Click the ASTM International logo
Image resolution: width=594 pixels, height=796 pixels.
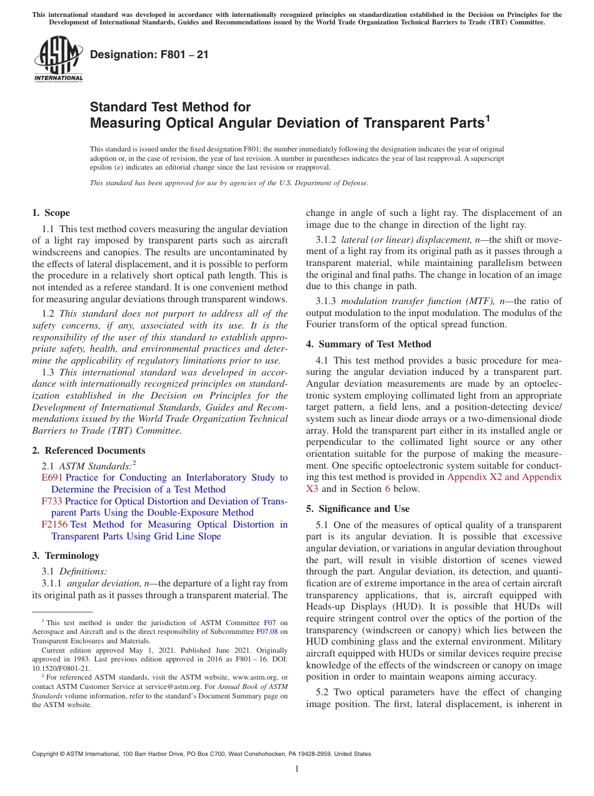pyautogui.click(x=58, y=59)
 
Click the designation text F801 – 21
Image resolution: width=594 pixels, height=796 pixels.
pyautogui.click(x=149, y=55)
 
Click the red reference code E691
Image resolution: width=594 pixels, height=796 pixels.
pyautogui.click(x=51, y=477)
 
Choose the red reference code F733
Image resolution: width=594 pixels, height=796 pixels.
pyautogui.click(x=52, y=501)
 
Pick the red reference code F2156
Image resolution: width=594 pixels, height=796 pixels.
pyautogui.click(x=54, y=524)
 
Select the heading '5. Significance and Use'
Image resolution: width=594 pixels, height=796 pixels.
pyautogui.click(x=358, y=509)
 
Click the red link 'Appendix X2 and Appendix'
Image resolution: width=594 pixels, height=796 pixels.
pyautogui.click(x=505, y=477)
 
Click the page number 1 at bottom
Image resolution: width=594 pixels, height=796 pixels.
pyautogui.click(x=297, y=769)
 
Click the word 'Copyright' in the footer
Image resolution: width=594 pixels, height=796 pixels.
pyautogui.click(x=47, y=754)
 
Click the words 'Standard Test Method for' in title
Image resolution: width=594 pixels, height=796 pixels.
pyautogui.click(x=170, y=107)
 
